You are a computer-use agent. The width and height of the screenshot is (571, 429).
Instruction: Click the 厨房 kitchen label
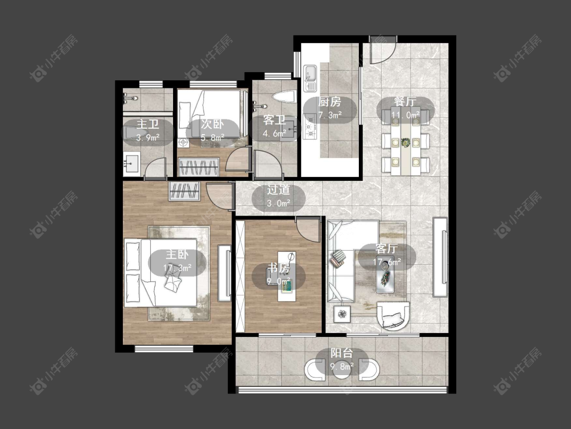pos(329,102)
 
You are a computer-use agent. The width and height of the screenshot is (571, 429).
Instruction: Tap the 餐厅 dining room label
pos(405,102)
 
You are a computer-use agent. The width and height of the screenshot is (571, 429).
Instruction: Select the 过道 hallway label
pos(279,190)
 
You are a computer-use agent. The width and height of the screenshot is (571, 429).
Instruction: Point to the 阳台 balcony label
pos(342,353)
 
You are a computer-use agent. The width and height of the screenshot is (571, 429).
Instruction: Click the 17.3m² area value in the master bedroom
pos(177,268)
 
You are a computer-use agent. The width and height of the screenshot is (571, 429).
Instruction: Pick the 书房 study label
pos(279,268)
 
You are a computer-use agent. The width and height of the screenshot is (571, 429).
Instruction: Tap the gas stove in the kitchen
pos(310,127)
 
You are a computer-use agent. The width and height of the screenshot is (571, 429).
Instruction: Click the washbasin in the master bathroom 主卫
pos(131,164)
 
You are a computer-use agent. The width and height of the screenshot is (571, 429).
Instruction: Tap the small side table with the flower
pos(342,314)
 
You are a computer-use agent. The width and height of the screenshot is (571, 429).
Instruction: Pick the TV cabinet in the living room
pos(440,257)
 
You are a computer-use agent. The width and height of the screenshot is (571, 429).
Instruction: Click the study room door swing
pos(308,229)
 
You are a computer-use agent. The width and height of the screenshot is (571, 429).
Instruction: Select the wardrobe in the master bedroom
pos(184,191)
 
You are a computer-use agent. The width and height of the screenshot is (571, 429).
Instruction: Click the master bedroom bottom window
pos(164,349)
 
